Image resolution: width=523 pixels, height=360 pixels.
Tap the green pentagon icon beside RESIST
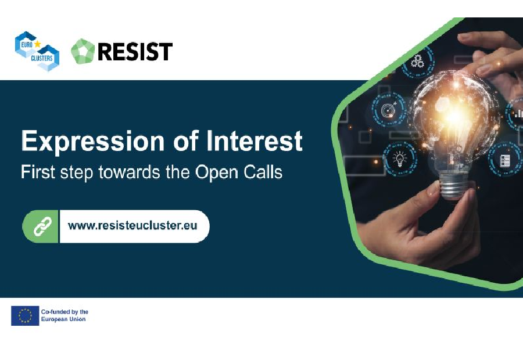point(83,52)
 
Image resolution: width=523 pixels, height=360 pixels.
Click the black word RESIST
point(135,52)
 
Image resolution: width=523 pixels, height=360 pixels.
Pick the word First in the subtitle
point(35,172)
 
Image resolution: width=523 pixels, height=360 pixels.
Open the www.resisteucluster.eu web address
point(132,225)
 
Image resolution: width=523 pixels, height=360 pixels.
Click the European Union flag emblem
point(25,315)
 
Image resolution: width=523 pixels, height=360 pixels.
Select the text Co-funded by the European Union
point(64,315)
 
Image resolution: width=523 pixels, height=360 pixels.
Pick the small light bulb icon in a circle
point(400,157)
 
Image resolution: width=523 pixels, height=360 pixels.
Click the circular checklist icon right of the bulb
point(504,159)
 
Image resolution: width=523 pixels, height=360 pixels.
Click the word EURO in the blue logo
point(25,43)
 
